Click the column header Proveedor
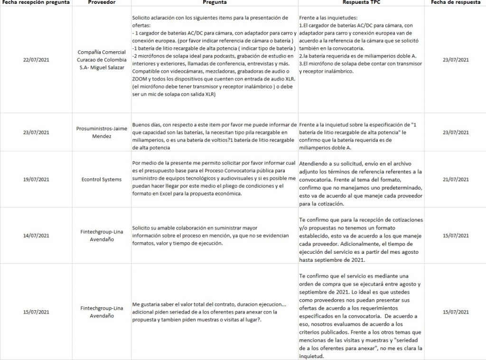click(102, 3)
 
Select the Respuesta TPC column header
click(362, 3)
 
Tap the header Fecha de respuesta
click(455, 3)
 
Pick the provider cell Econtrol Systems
click(102, 179)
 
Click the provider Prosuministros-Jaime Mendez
click(102, 132)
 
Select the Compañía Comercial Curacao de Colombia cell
click(102, 60)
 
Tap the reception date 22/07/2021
click(36, 60)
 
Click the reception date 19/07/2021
click(36, 179)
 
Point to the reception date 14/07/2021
click(36, 235)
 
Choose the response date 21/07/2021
click(455, 179)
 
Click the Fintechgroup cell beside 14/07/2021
click(102, 235)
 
